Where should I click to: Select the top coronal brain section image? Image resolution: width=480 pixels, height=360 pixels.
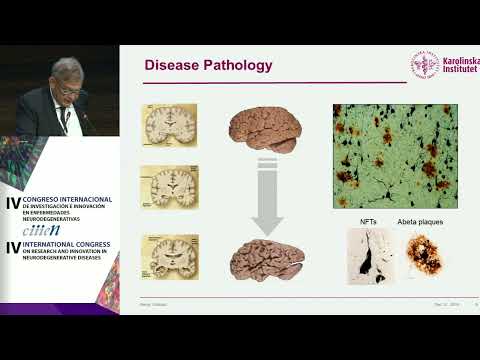tap(168, 125)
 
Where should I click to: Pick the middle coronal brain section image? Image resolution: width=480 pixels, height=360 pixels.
tap(168, 186)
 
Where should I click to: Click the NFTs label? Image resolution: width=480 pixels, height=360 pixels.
tap(366, 220)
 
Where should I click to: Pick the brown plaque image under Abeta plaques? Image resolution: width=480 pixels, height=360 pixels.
tap(419, 256)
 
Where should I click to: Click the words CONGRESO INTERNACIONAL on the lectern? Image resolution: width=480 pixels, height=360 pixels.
tap(68, 200)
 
